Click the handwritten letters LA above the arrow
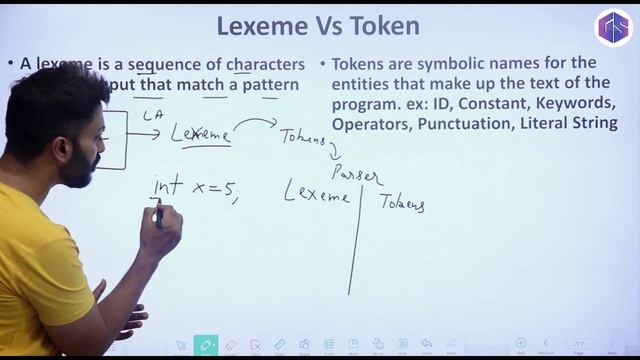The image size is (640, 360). pyautogui.click(x=152, y=116)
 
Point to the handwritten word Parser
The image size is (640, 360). pyautogui.click(x=356, y=174)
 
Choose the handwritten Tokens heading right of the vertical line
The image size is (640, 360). pyautogui.click(x=402, y=203)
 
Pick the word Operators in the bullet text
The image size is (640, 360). pyautogui.click(x=370, y=124)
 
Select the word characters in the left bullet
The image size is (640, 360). pyautogui.click(x=265, y=64)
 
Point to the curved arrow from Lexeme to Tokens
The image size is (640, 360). pyautogui.click(x=255, y=122)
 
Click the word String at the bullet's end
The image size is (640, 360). pyautogui.click(x=592, y=124)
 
